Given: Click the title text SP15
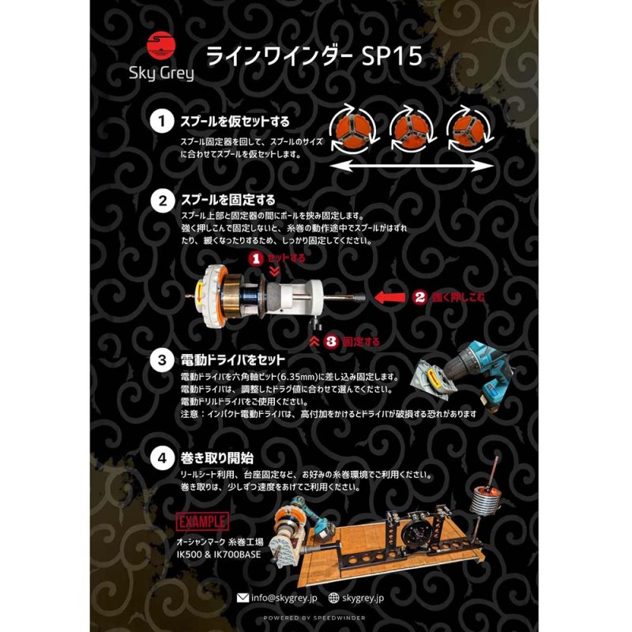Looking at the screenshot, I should click(388, 58).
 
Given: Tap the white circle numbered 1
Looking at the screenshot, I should click(161, 122).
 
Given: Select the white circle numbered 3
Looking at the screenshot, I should click(161, 360).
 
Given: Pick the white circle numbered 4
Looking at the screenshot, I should click(161, 457).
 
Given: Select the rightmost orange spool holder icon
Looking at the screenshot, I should click(467, 129).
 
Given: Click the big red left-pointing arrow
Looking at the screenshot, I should click(389, 297).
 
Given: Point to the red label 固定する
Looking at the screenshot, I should click(362, 342).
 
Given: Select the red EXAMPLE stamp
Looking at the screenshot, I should click(203, 521).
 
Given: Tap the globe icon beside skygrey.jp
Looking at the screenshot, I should click(334, 599).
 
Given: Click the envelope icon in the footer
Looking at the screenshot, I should click(243, 599).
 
